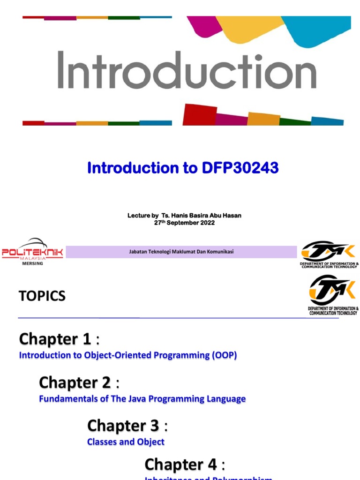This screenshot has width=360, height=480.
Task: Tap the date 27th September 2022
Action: click(x=184, y=223)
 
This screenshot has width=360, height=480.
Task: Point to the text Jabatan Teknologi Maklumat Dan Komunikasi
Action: click(x=181, y=252)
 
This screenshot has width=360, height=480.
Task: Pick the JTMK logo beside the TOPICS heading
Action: click(x=333, y=294)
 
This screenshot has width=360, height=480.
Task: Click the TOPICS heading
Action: click(x=42, y=296)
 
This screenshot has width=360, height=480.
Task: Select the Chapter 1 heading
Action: click(x=55, y=339)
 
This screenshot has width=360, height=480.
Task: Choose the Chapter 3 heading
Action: click(x=123, y=426)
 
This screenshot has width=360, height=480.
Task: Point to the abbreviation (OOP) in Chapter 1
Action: click(x=225, y=355)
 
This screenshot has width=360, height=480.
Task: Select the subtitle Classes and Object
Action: click(x=126, y=442)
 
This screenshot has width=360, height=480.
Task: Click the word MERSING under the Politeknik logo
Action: click(x=32, y=263)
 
